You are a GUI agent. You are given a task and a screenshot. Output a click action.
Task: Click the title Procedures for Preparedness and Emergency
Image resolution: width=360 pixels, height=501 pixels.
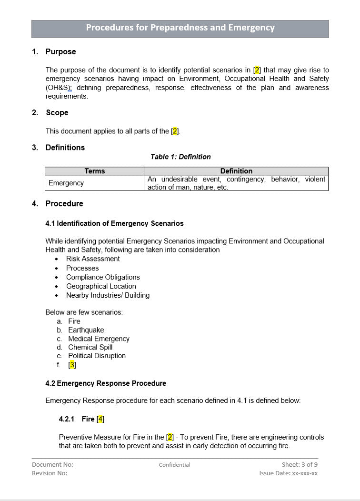(180, 28)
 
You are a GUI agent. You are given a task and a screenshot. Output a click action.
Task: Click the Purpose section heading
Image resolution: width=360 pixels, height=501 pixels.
(60, 51)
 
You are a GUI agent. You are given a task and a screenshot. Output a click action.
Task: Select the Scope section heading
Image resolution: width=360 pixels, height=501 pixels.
(57, 113)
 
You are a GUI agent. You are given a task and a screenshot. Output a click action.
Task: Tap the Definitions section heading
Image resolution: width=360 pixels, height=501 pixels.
(65, 148)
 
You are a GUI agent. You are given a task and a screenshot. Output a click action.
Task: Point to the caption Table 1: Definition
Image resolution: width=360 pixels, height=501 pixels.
(180, 157)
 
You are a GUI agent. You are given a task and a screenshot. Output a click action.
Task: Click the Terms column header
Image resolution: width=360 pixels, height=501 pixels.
(94, 171)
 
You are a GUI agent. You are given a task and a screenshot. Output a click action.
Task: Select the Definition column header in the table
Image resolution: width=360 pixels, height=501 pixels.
(236, 171)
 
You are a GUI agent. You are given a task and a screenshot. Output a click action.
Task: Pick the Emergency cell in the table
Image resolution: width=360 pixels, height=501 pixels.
(66, 183)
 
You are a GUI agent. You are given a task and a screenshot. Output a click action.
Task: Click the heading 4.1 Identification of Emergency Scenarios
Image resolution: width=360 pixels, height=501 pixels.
(114, 223)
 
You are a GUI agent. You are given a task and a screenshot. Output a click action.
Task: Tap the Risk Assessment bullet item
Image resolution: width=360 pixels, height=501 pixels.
(93, 259)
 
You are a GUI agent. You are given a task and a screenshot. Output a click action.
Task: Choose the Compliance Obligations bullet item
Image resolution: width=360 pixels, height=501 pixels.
(103, 277)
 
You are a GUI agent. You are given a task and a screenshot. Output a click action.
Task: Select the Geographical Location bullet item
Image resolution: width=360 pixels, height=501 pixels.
(101, 286)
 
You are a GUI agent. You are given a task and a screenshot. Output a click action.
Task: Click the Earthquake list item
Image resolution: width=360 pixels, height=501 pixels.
(86, 330)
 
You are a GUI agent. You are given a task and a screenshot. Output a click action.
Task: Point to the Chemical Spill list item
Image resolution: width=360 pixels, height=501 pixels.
(90, 347)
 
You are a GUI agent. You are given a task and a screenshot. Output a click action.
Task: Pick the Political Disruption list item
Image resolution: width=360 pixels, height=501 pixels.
(97, 356)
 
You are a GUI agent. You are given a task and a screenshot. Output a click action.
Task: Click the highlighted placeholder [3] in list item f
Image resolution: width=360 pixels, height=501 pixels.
(72, 365)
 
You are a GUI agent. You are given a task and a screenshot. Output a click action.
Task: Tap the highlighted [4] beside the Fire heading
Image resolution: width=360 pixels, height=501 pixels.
(100, 419)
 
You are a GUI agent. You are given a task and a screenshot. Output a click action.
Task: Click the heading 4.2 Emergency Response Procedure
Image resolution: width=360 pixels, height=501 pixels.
(106, 383)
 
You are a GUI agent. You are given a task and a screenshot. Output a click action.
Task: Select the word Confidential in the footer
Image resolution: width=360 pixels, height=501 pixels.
(174, 465)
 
